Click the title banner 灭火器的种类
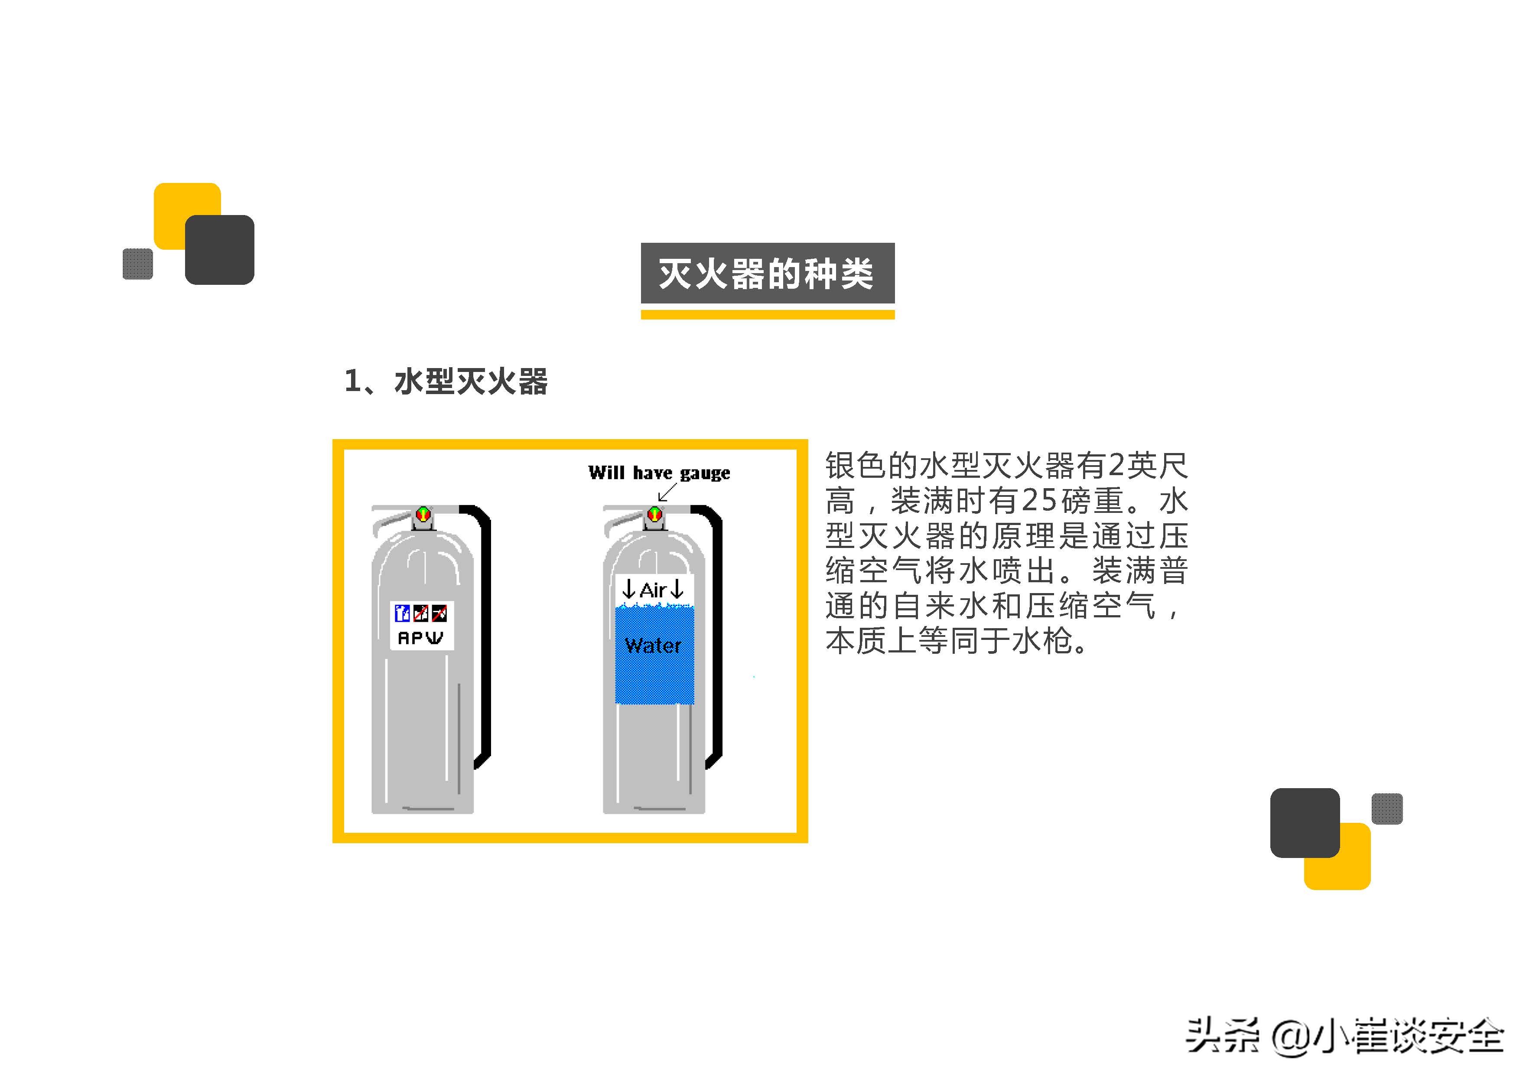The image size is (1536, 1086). point(767,273)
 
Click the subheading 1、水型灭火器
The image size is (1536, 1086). point(446,382)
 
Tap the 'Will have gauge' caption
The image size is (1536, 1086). point(659,473)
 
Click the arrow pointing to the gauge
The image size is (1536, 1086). point(667,492)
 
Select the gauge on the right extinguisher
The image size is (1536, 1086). point(655,514)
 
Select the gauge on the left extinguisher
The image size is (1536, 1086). point(423,514)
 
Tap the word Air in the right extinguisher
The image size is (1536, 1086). point(653,590)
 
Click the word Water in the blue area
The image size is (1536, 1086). point(653,646)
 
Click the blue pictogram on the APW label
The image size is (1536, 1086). point(402,612)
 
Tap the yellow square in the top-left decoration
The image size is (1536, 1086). point(177,204)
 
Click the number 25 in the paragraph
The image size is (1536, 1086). point(1040,500)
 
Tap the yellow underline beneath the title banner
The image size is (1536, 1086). point(767,314)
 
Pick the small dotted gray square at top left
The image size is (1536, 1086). point(138,264)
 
